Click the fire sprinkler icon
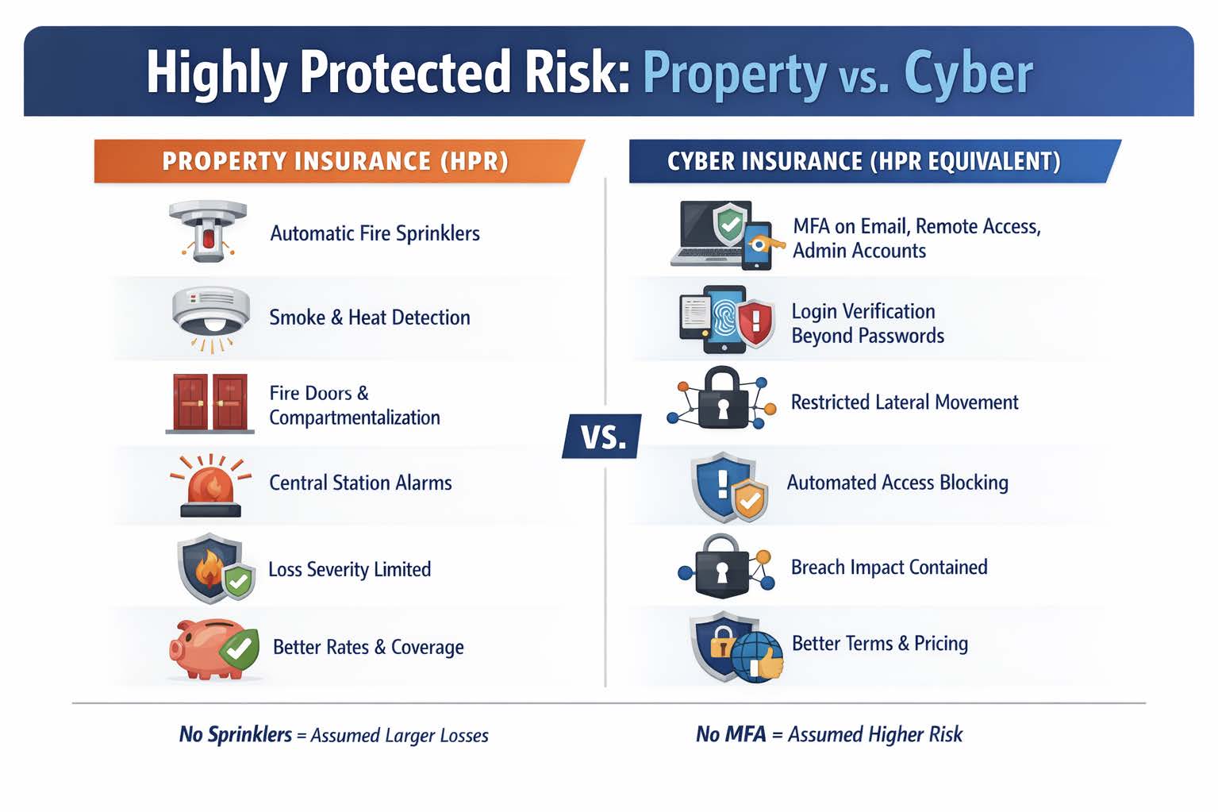tap(208, 230)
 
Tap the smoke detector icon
tap(210, 317)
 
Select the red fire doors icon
tap(210, 403)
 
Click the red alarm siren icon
tap(210, 485)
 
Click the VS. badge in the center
tap(602, 437)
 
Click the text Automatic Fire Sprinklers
tap(375, 233)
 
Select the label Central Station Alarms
tap(360, 483)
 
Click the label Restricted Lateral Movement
tap(905, 402)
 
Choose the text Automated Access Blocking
tap(897, 483)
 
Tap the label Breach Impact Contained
tap(889, 567)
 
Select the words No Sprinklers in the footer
tap(236, 734)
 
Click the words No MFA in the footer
tap(731, 734)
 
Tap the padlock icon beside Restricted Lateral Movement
tap(722, 399)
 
